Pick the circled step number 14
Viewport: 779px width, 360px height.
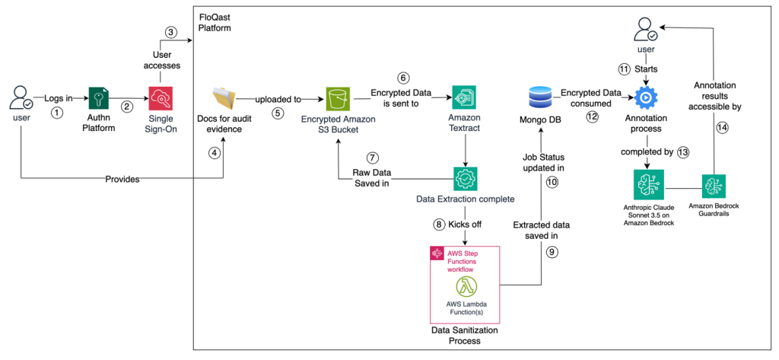pyautogui.click(x=722, y=128)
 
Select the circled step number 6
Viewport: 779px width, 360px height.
pyautogui.click(x=403, y=77)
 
